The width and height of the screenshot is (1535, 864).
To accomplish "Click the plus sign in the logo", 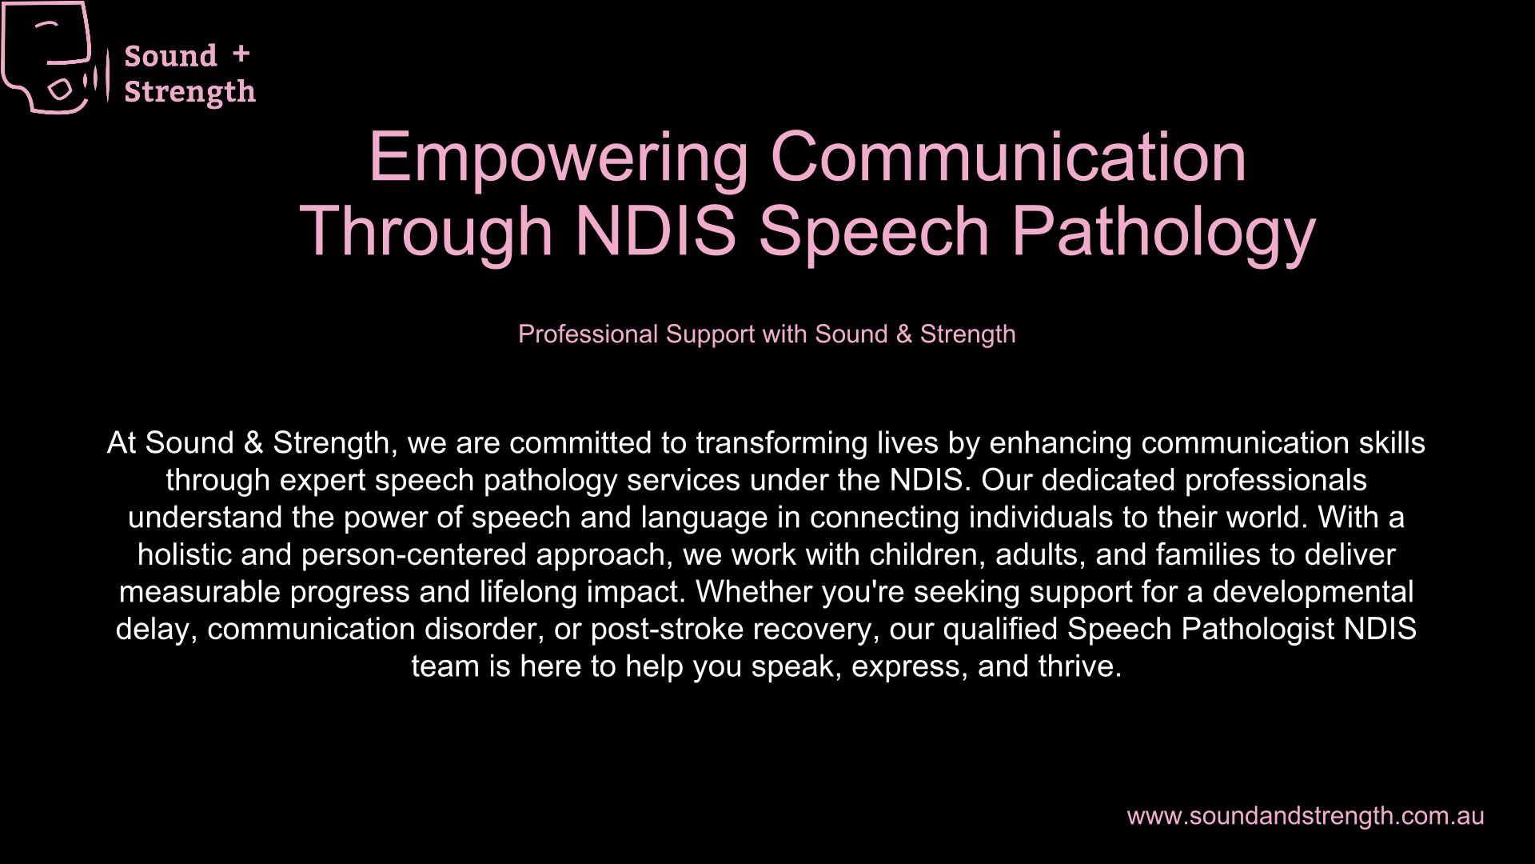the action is click(241, 54).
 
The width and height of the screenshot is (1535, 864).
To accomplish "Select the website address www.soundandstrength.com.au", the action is click(1306, 816).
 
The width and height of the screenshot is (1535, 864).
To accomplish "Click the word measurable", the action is click(200, 592).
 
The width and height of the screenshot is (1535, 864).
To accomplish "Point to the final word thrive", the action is click(1080, 666).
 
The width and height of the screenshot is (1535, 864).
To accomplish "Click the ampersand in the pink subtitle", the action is click(904, 334).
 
